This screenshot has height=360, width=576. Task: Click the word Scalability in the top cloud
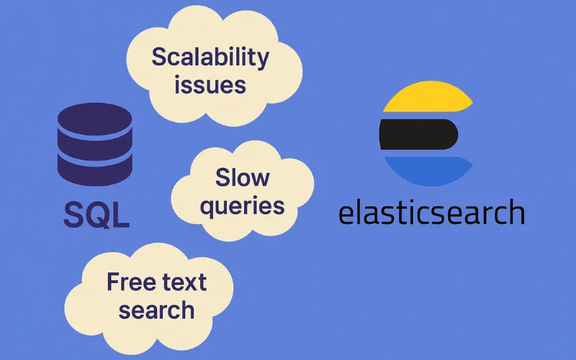coord(210,57)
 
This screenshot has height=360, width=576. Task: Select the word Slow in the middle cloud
coord(243,177)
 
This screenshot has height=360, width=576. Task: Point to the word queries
coord(243,206)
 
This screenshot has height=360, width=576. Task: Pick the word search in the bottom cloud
coord(157,310)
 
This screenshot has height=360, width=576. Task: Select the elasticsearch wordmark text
coord(431,213)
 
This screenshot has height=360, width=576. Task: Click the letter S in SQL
coord(73,214)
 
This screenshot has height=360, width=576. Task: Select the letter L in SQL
coord(122,214)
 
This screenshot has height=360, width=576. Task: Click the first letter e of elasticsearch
coord(348,215)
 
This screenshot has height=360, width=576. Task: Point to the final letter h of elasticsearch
coord(515,212)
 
